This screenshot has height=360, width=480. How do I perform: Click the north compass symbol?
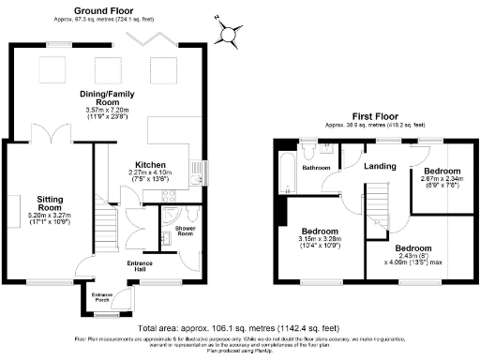pos(228,34)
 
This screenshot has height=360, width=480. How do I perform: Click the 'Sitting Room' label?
pos(50,202)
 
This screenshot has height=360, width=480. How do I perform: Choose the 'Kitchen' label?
pos(151,163)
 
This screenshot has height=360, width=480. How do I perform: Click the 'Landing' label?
pos(377,164)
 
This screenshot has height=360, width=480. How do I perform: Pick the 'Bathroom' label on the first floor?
pos(316,168)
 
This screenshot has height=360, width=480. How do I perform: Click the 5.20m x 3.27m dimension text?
pos(50,219)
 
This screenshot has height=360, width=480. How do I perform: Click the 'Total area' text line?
pos(240,329)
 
